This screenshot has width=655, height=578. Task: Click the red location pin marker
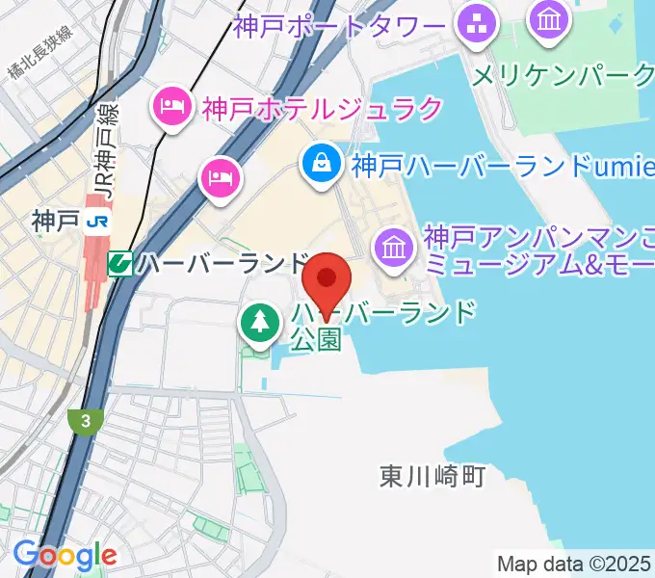tap(327, 279)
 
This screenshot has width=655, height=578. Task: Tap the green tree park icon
tap(258, 322)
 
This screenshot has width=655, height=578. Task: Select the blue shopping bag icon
tap(320, 164)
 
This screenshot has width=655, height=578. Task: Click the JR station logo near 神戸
tap(96, 222)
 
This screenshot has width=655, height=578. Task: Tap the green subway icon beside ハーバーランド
tap(120, 262)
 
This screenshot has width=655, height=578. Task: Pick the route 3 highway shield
tap(86, 420)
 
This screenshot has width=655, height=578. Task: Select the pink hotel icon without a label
tap(221, 176)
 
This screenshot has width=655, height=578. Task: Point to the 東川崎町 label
tap(431, 476)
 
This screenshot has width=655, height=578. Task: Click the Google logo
tap(65, 555)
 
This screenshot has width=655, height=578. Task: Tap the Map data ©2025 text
tap(575, 563)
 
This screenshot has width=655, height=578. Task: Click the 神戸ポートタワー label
tap(340, 25)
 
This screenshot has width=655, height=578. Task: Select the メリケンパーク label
tap(563, 74)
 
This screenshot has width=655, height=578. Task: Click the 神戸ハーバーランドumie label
tap(496, 166)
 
